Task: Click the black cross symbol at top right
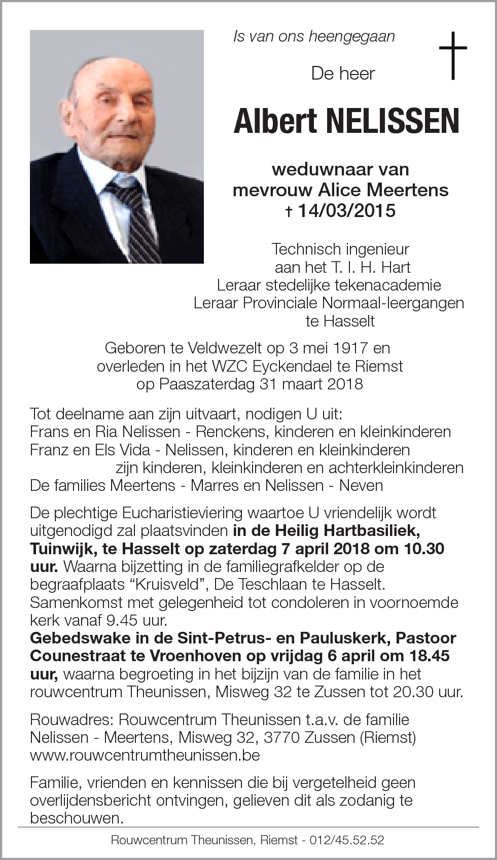click(x=452, y=55)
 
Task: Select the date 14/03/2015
click(x=346, y=210)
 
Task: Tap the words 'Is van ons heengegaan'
click(x=313, y=37)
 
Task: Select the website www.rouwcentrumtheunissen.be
click(x=145, y=755)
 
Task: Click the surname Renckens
click(x=233, y=432)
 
